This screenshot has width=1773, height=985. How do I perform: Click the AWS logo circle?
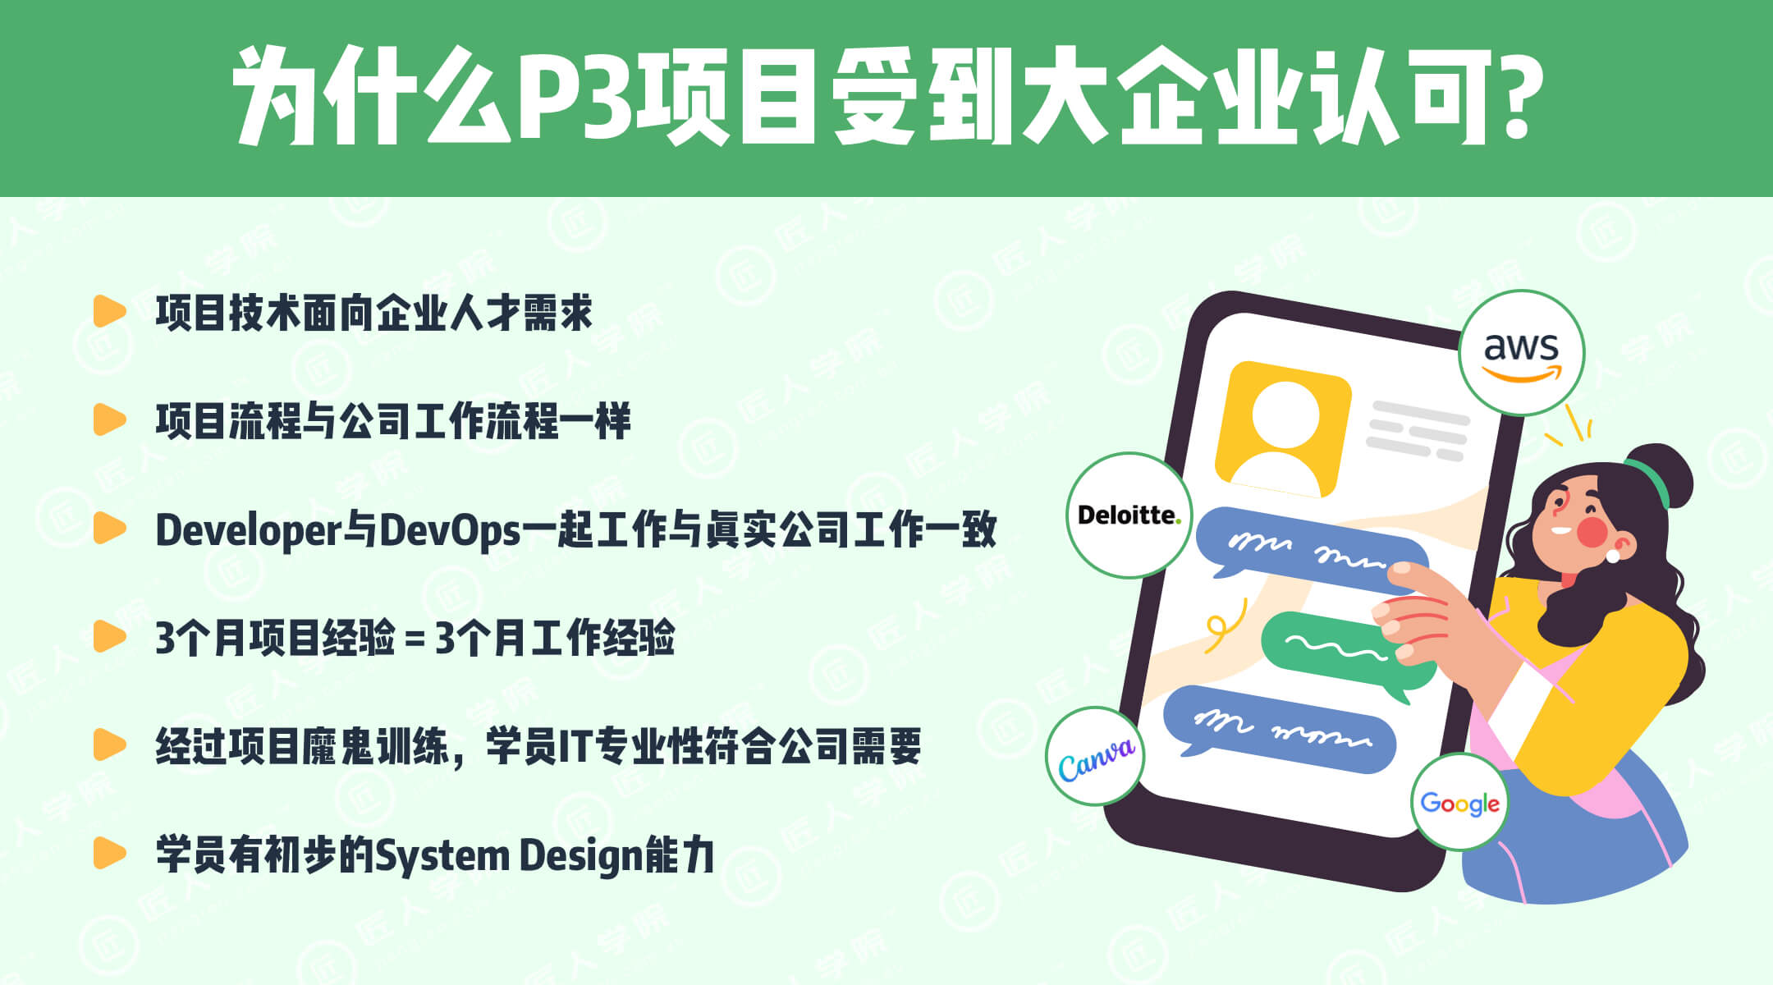[1521, 353]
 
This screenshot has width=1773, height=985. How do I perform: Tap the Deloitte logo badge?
[1129, 515]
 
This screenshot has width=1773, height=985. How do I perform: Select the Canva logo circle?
[1095, 756]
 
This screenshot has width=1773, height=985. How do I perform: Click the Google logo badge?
[1460, 802]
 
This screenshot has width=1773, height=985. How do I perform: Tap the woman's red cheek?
[1592, 531]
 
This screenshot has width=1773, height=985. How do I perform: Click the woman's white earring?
[1612, 556]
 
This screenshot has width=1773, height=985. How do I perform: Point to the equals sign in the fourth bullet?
[415, 639]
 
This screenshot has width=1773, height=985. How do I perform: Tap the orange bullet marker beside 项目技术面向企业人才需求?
[109, 312]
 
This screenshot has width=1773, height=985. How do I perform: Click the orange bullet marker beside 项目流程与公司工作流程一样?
[109, 419]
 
